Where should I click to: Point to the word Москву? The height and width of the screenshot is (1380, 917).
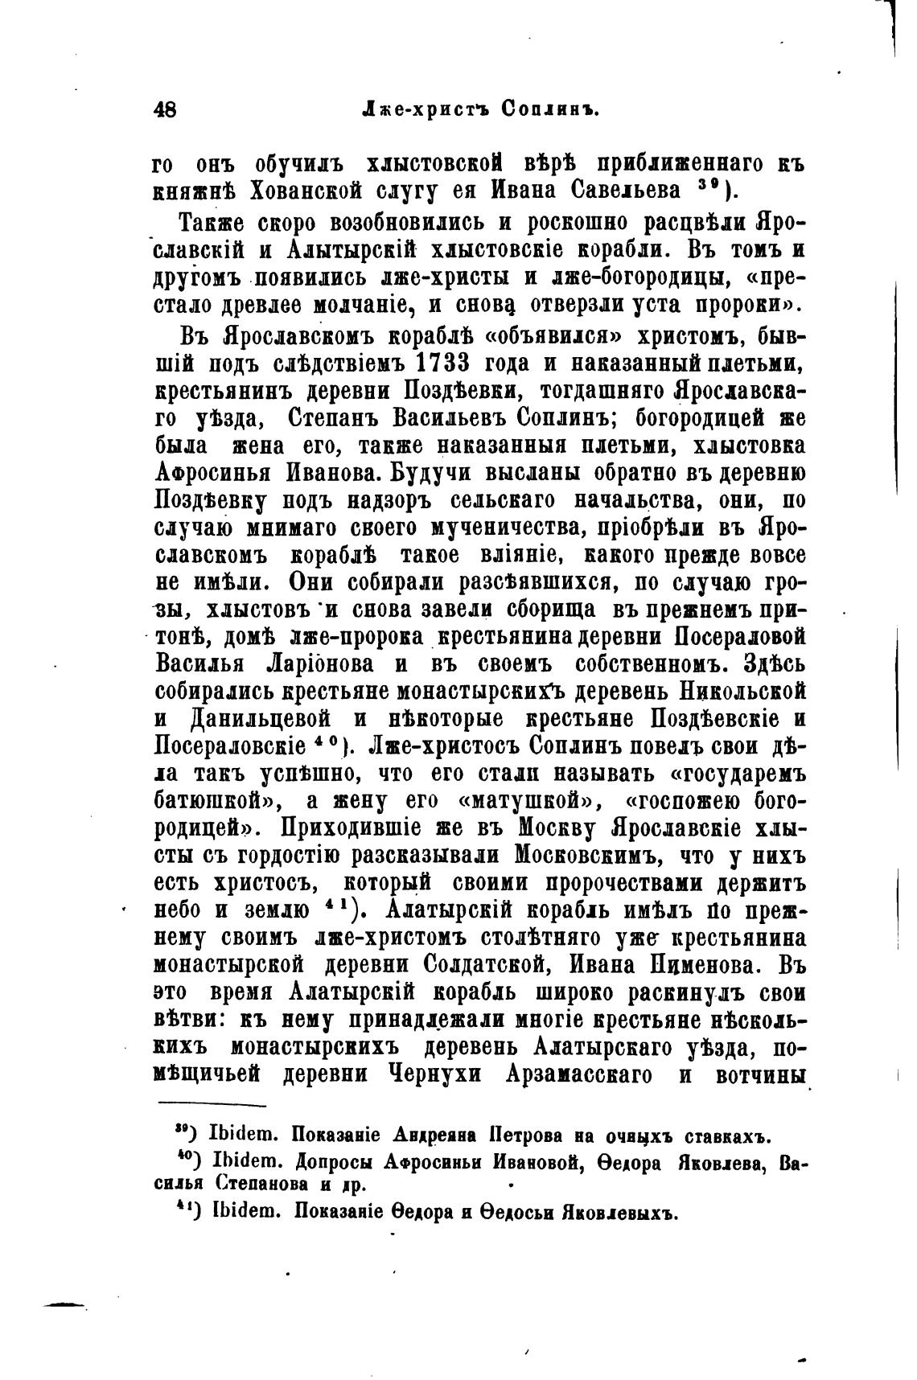pos(561,828)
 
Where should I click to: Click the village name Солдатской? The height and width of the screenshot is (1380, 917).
pos(461,964)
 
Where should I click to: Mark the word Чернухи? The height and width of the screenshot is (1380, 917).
pos(436,1074)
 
